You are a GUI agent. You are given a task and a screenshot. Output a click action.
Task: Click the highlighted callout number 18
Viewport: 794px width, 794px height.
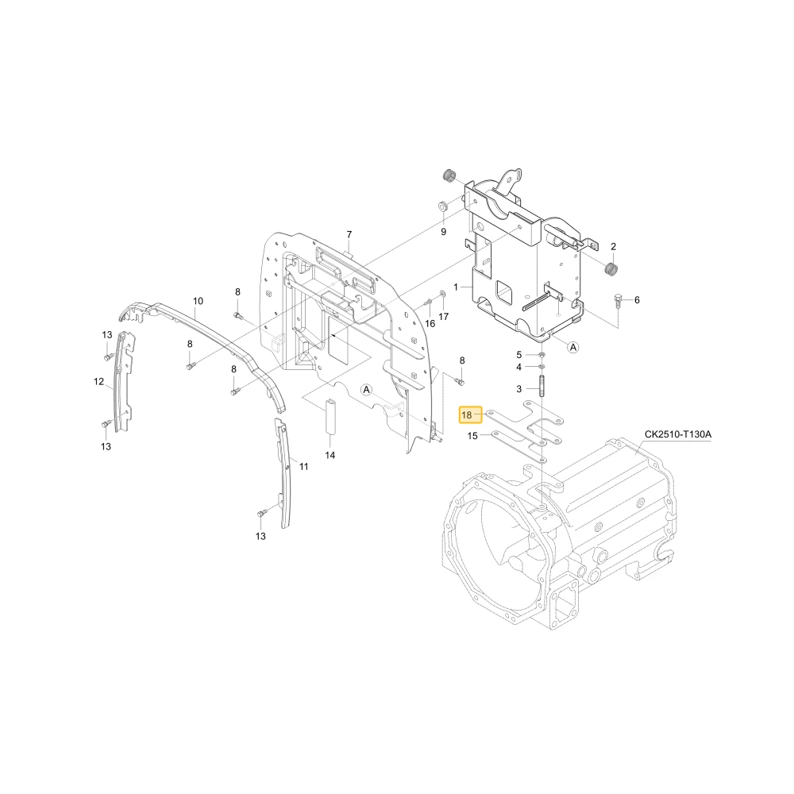point(466,414)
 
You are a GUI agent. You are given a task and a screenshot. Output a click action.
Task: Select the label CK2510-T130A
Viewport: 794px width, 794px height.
point(677,434)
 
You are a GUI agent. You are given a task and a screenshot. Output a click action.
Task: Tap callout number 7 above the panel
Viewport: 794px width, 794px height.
point(349,234)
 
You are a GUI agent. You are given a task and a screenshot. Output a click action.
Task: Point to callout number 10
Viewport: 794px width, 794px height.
point(198,301)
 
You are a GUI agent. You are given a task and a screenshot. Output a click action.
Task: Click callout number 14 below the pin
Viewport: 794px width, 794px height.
point(330,455)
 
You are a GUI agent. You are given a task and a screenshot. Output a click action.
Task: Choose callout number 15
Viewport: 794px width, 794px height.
point(472,435)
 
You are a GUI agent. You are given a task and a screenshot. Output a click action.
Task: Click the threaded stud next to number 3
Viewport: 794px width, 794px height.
point(542,388)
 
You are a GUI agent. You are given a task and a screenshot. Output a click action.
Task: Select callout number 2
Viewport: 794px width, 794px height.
point(613,247)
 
